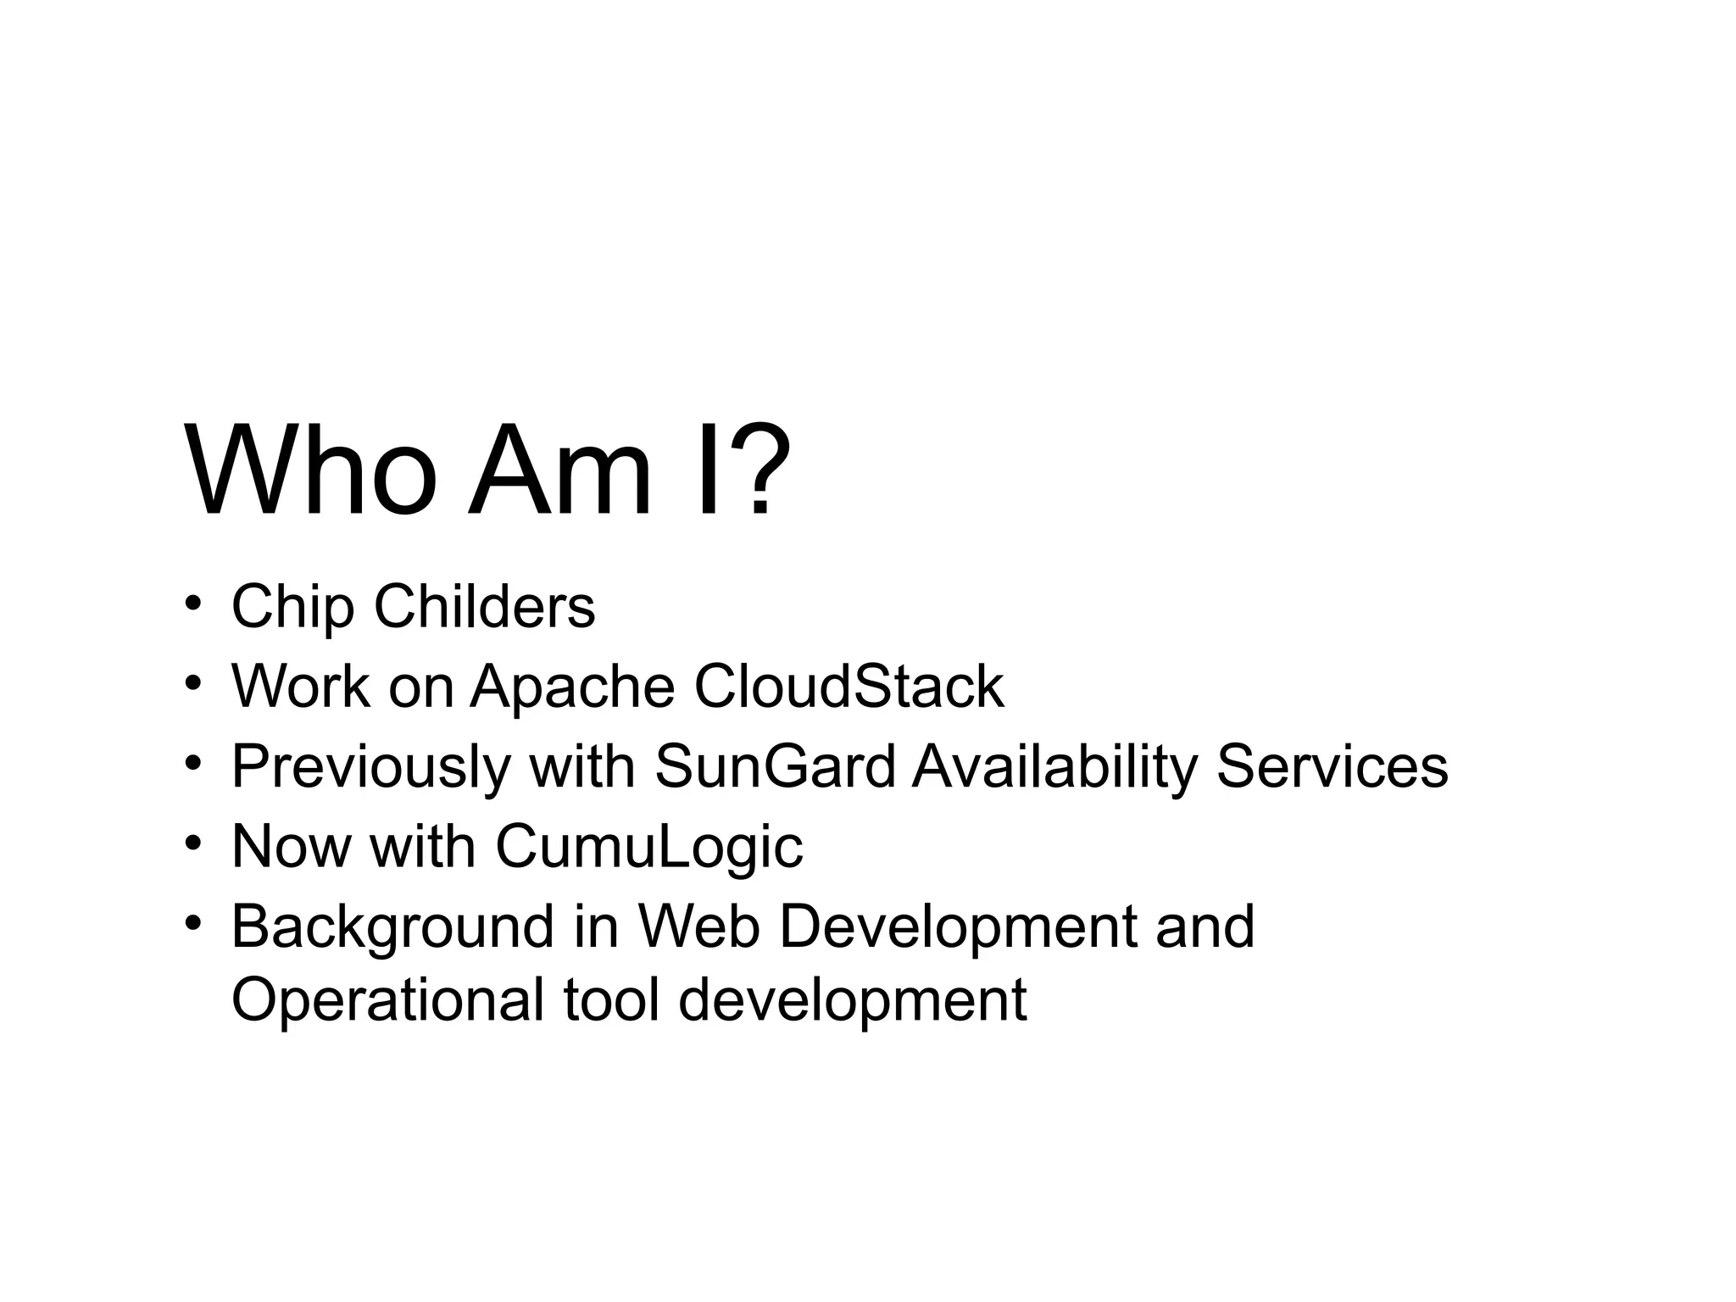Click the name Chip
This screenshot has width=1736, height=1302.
point(292,607)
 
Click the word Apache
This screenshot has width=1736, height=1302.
point(572,687)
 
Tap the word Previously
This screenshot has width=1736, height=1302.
point(371,767)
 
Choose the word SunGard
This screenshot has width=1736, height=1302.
point(775,765)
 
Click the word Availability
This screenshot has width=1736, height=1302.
point(1054,767)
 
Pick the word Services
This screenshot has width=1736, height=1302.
point(1332,765)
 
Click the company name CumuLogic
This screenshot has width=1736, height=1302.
point(649,847)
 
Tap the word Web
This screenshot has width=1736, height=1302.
point(698,926)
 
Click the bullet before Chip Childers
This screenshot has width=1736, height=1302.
point(193,603)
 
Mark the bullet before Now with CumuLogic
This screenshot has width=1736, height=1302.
point(193,843)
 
